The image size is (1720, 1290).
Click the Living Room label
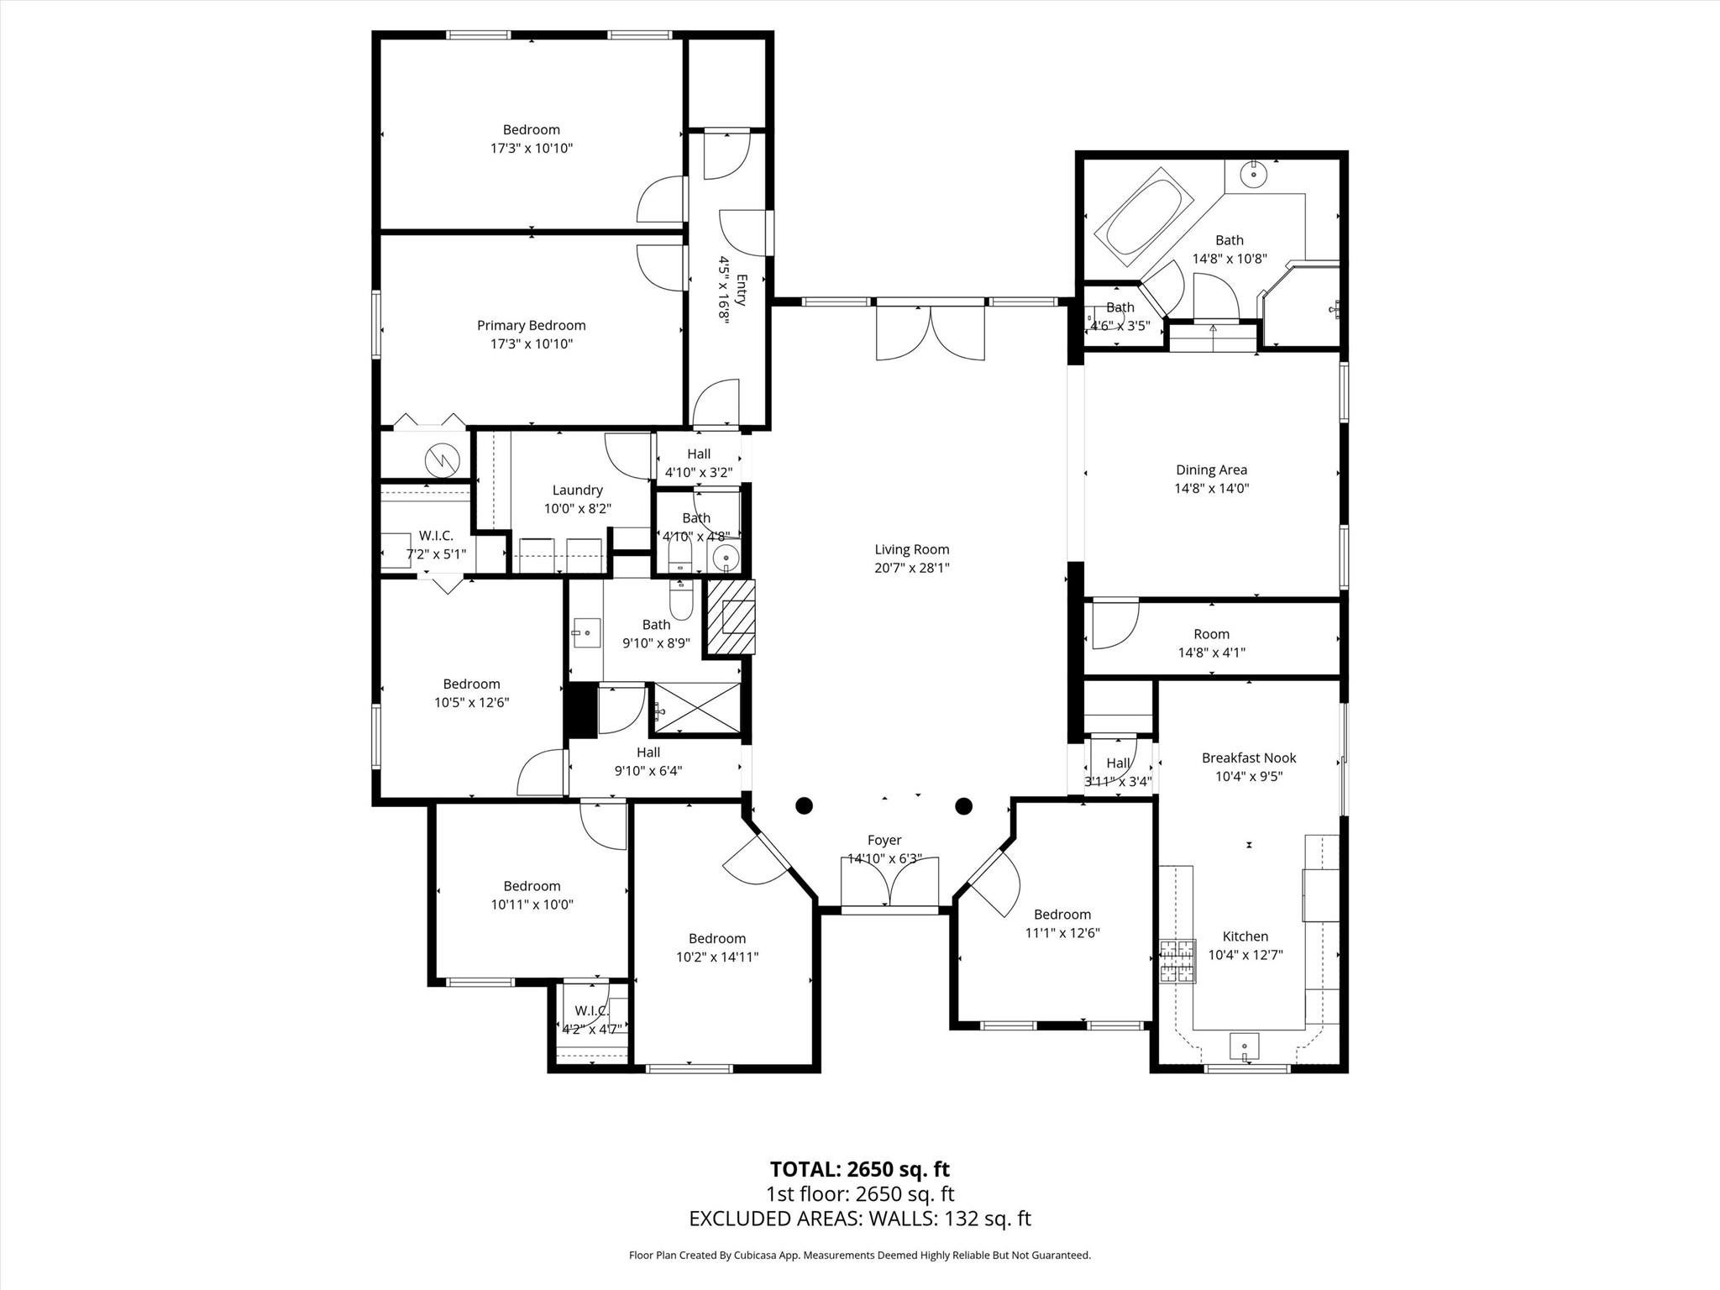click(x=911, y=550)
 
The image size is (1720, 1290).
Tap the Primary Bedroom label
click(x=531, y=326)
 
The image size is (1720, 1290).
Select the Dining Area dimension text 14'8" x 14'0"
click(x=1211, y=488)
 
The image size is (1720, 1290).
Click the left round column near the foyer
click(x=804, y=806)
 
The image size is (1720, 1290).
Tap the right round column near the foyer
click(x=963, y=806)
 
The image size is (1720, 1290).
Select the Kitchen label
click(x=1245, y=936)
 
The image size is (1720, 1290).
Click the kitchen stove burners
click(x=1177, y=962)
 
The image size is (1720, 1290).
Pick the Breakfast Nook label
click(x=1248, y=758)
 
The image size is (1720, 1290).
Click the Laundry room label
click(x=577, y=490)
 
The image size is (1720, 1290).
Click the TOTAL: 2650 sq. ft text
click(x=859, y=1169)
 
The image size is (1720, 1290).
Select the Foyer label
click(x=884, y=841)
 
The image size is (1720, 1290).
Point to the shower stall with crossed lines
click(x=697, y=710)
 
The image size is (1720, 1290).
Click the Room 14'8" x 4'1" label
click(x=1211, y=643)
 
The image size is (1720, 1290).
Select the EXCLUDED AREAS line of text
click(x=859, y=1219)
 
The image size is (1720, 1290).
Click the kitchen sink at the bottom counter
click(x=1244, y=1046)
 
